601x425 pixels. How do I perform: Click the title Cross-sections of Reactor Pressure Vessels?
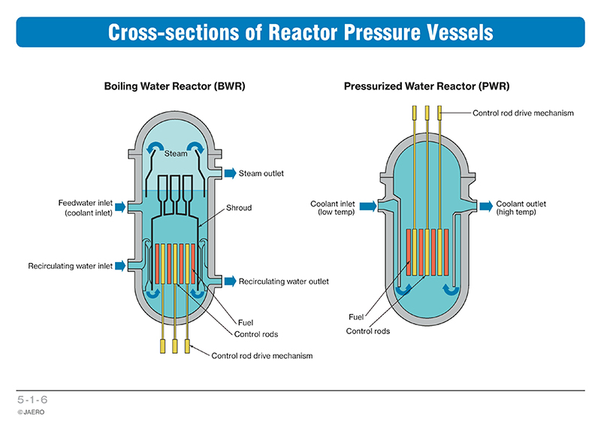click(300, 33)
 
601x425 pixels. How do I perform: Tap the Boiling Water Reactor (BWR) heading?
click(174, 86)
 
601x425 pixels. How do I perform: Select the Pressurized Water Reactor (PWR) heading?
click(422, 86)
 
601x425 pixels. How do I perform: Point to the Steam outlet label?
click(261, 174)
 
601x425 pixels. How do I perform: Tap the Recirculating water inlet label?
click(71, 266)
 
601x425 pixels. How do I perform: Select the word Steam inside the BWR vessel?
click(177, 153)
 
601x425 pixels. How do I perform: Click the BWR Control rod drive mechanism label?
click(261, 356)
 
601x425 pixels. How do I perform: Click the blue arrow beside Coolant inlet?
click(368, 204)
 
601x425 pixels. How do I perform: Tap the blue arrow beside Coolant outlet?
click(485, 204)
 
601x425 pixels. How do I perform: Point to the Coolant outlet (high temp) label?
click(521, 208)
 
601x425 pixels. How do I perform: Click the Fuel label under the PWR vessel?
click(357, 317)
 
